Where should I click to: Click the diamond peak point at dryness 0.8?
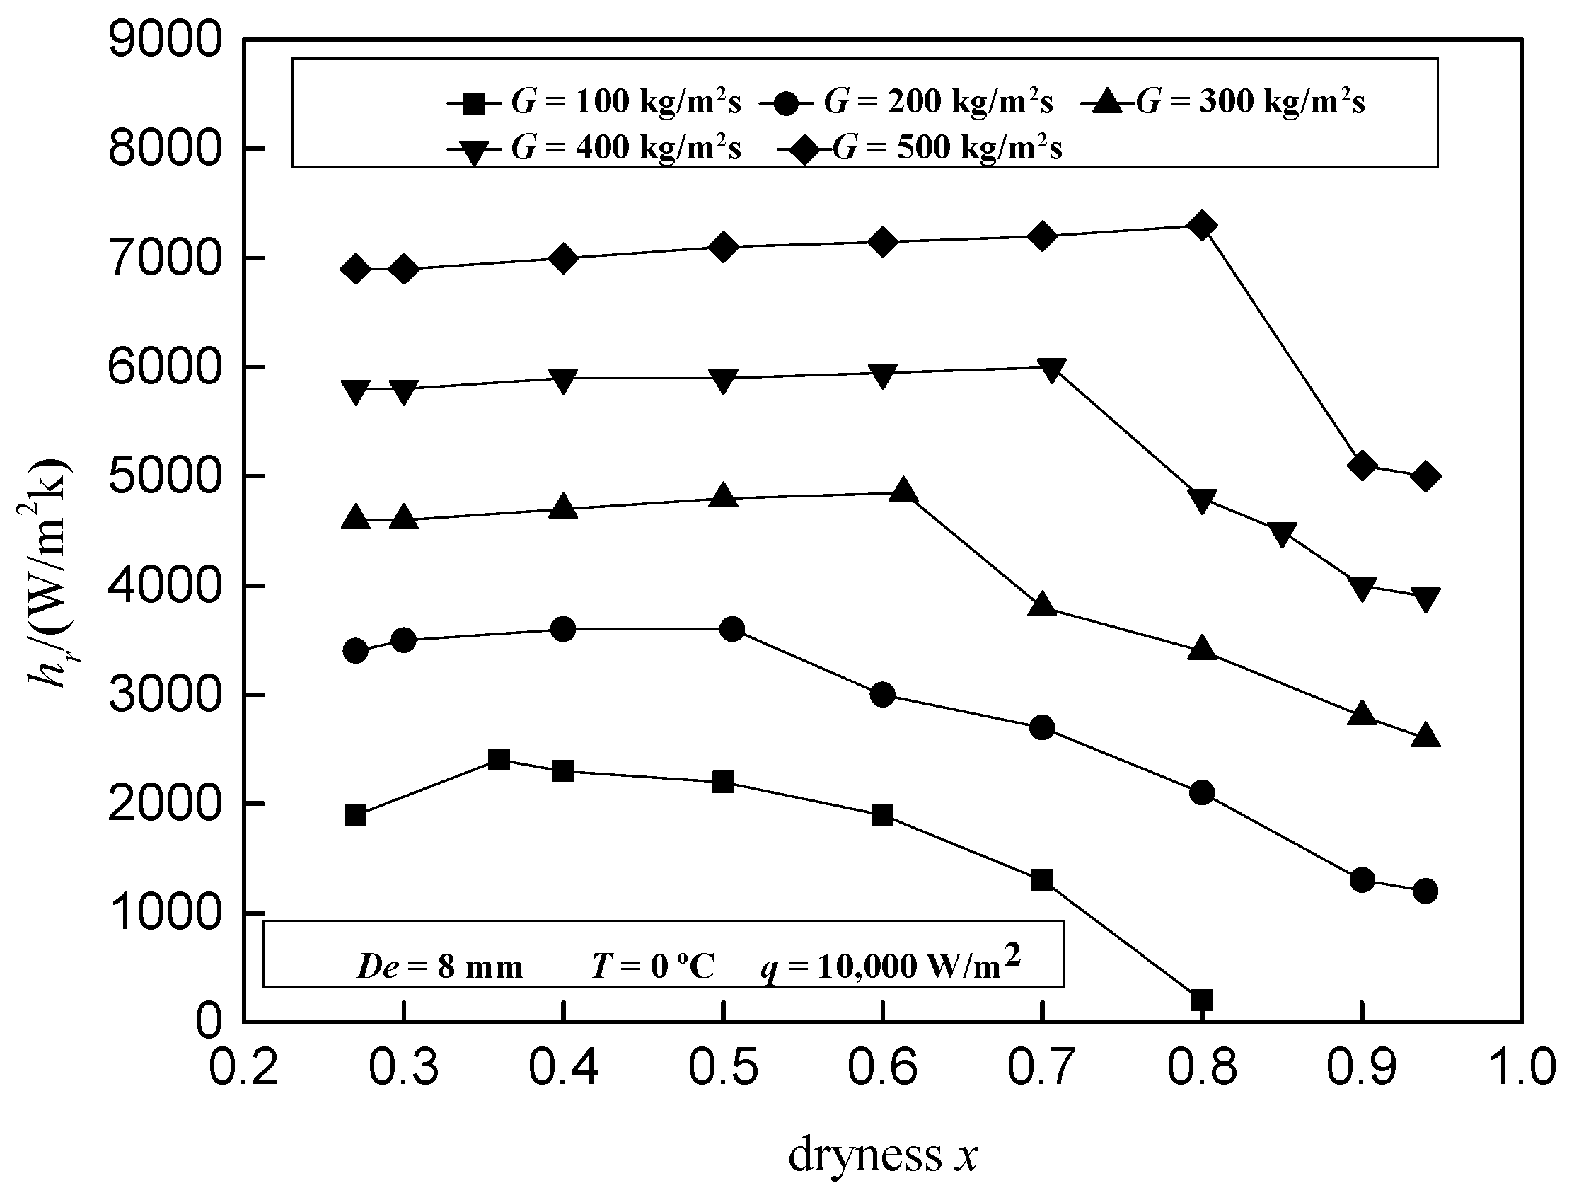[x=1202, y=226]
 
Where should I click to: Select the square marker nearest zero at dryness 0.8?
[x=1201, y=1000]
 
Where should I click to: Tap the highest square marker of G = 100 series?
[x=499, y=759]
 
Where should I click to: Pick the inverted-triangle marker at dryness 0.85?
[x=1282, y=533]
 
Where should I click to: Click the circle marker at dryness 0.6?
[x=882, y=694]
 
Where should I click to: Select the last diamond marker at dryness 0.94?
[x=1425, y=476]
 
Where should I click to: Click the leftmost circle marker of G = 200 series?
[x=355, y=650]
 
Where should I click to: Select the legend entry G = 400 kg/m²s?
[x=594, y=149]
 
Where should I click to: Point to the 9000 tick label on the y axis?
[x=164, y=40]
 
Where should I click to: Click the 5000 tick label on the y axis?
[x=164, y=475]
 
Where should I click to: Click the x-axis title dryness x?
[x=883, y=1154]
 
